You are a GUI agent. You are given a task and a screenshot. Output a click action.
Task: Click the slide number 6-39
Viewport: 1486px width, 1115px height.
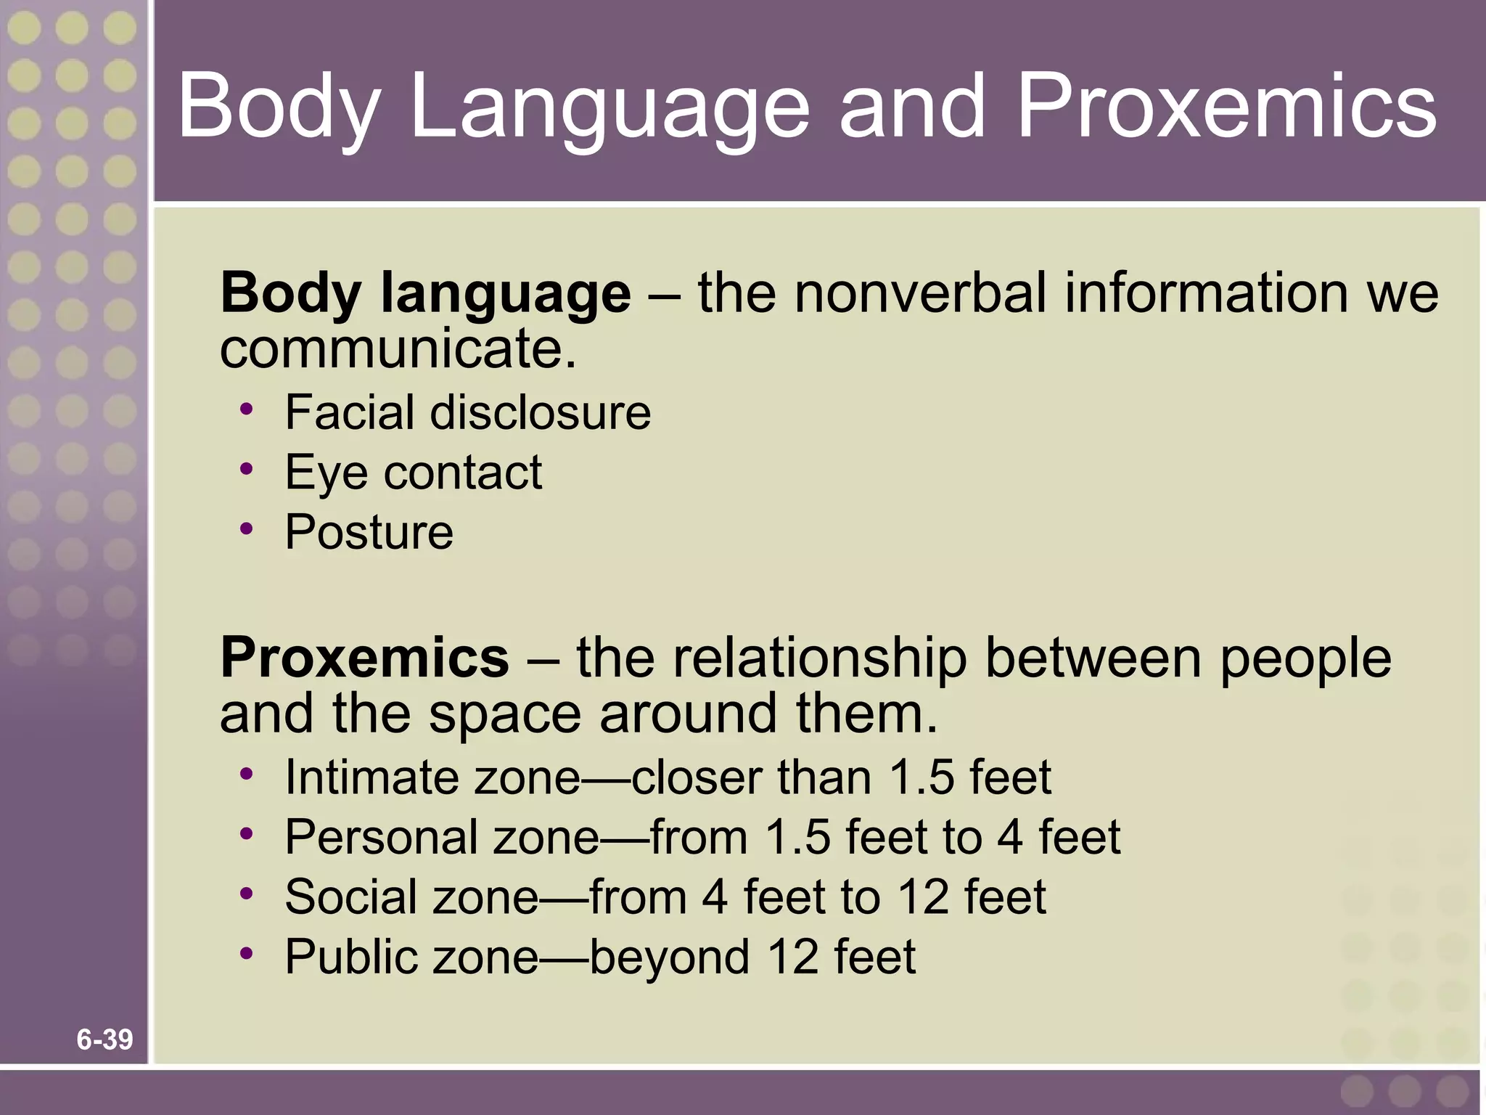(104, 1040)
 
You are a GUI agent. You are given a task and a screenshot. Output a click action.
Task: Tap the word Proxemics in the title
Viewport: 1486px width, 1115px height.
(1226, 107)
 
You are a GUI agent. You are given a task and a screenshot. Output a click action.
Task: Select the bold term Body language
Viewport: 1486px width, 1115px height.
(425, 293)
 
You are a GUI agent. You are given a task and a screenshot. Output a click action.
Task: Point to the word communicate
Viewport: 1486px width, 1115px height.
(398, 348)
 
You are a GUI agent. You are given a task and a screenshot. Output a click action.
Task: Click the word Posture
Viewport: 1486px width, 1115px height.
(369, 532)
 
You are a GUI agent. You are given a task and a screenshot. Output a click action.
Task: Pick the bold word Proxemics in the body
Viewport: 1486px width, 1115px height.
(364, 657)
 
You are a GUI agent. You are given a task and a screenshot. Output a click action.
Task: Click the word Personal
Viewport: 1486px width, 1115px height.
(382, 837)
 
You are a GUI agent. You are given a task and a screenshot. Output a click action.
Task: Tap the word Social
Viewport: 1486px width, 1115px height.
(351, 897)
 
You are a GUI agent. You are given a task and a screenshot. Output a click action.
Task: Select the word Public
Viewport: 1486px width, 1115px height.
(351, 956)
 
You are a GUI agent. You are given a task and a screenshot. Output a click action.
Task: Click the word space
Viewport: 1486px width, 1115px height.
(505, 713)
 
